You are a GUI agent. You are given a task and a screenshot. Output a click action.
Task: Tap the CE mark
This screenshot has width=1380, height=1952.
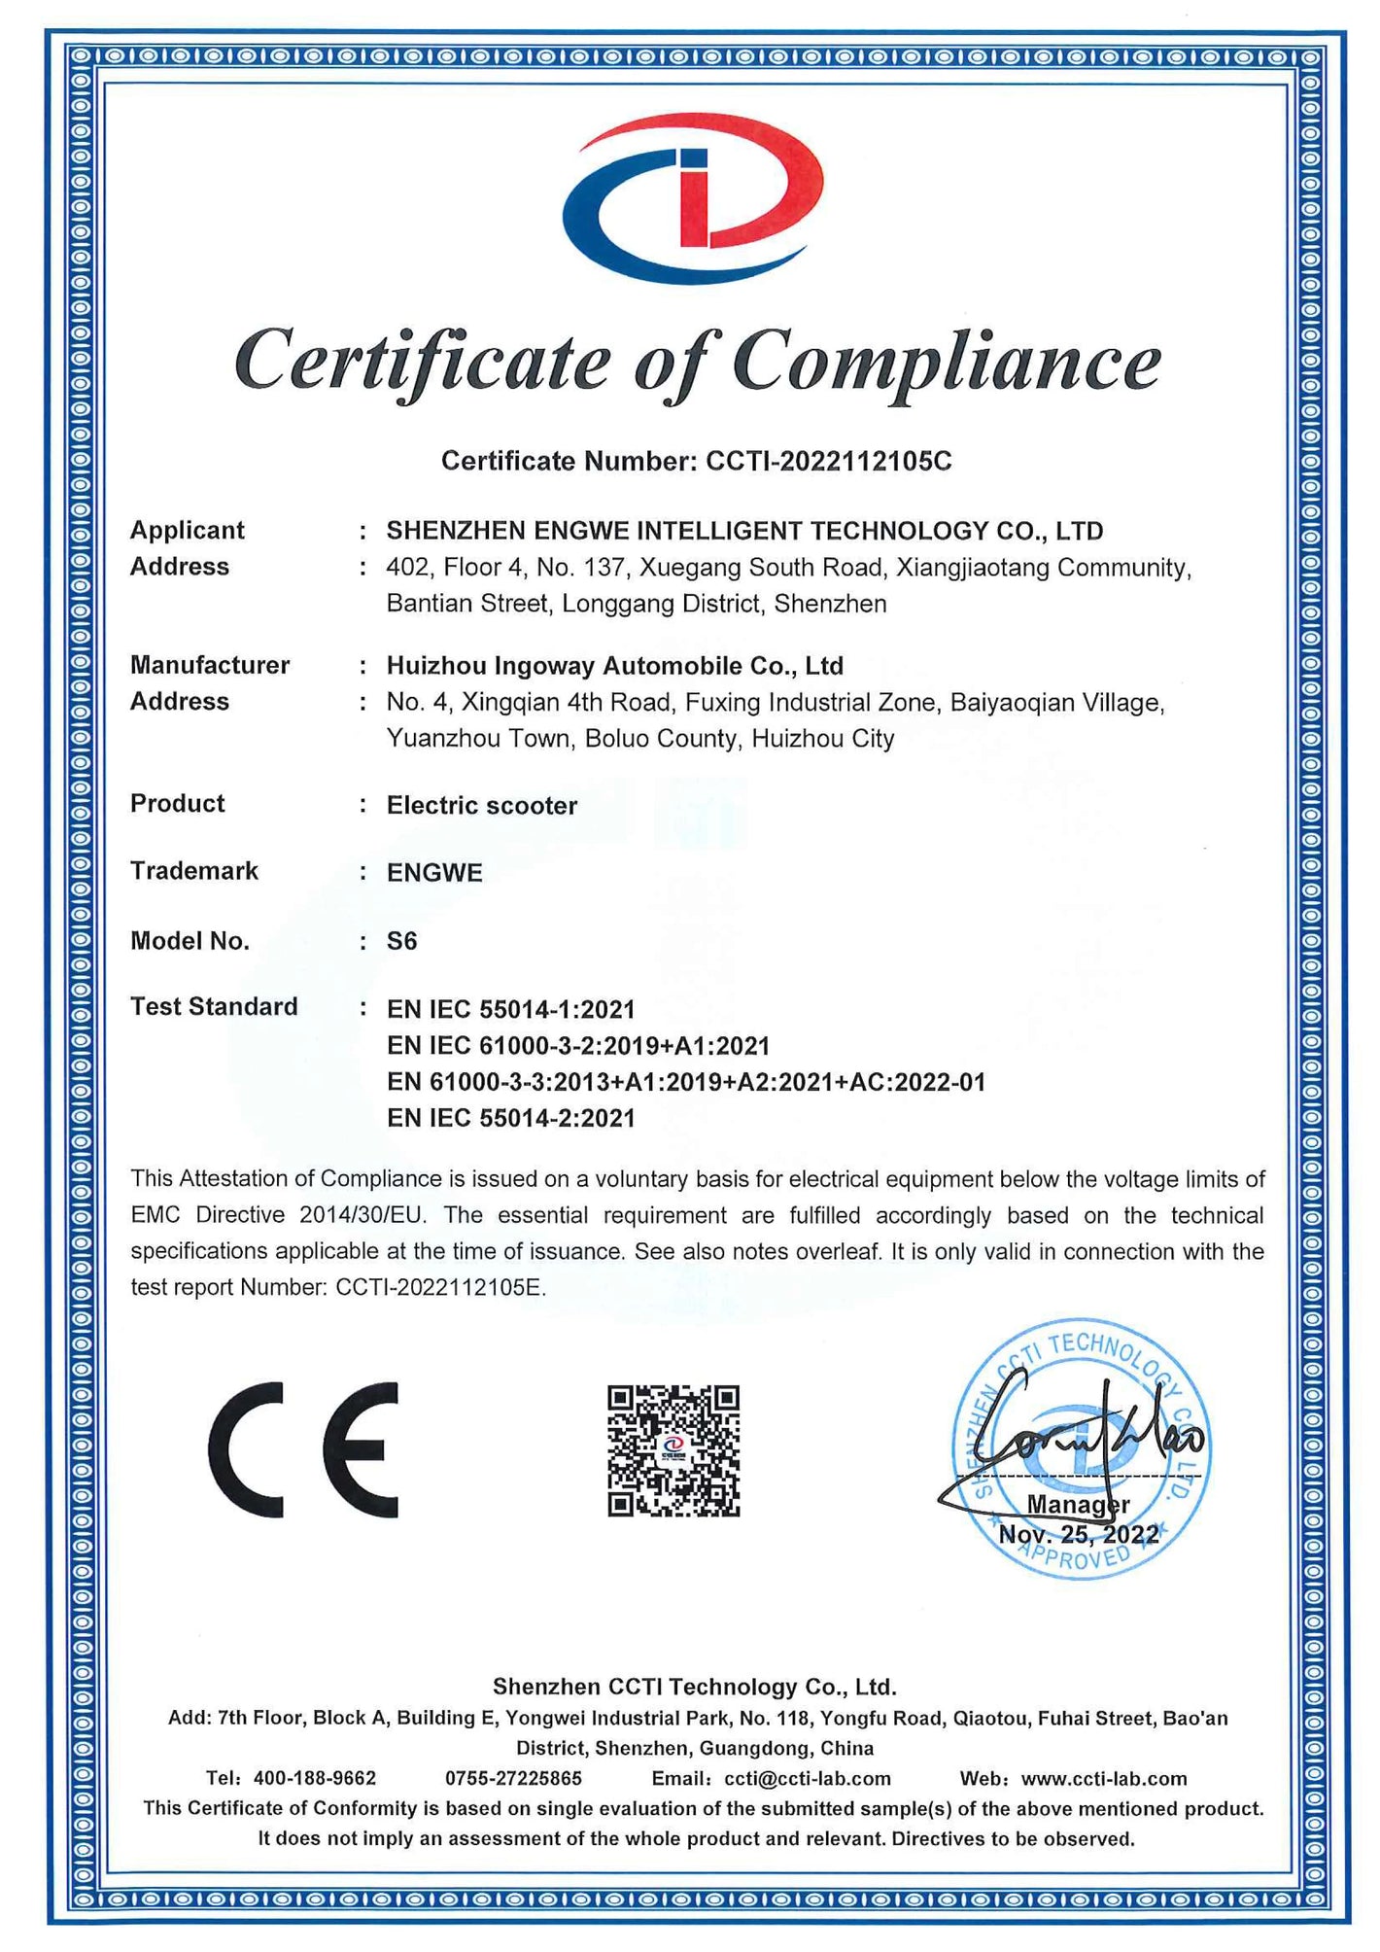pyautogui.click(x=303, y=1449)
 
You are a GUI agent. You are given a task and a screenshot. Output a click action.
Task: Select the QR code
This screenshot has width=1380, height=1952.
pyautogui.click(x=673, y=1450)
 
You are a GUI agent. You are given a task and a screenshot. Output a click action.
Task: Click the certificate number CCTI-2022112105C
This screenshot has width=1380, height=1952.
pyautogui.click(x=828, y=461)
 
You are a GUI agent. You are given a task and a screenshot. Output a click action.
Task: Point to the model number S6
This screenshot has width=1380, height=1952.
pyautogui.click(x=401, y=941)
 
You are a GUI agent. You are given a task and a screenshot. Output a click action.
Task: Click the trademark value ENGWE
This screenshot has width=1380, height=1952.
pyautogui.click(x=434, y=873)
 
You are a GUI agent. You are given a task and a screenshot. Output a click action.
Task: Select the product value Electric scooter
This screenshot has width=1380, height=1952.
pyautogui.click(x=481, y=805)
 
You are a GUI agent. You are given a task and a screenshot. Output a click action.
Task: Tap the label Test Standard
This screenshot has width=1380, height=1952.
pyautogui.click(x=214, y=1007)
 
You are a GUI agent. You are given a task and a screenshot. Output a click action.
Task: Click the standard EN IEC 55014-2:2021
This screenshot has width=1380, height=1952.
pyautogui.click(x=510, y=1118)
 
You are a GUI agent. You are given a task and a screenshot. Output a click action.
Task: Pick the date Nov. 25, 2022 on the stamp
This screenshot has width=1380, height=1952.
pyautogui.click(x=1079, y=1535)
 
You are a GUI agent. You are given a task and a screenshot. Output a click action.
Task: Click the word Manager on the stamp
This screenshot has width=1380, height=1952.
pyautogui.click(x=1078, y=1505)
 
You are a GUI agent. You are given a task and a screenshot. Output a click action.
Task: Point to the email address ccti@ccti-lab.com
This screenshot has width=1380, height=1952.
pyautogui.click(x=808, y=1779)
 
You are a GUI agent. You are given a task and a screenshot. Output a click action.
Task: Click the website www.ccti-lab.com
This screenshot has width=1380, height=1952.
pyautogui.click(x=1104, y=1779)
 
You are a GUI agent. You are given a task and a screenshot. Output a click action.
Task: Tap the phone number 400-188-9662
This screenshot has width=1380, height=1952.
pyautogui.click(x=314, y=1779)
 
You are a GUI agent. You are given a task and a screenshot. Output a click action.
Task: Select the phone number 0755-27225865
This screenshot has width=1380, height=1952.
pyautogui.click(x=513, y=1779)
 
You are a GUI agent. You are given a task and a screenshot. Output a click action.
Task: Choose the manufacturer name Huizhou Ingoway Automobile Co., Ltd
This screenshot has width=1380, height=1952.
pyautogui.click(x=614, y=666)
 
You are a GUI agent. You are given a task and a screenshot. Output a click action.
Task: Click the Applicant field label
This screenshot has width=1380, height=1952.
pyautogui.click(x=188, y=531)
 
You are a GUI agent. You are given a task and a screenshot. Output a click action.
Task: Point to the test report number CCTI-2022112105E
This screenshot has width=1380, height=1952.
pyautogui.click(x=439, y=1288)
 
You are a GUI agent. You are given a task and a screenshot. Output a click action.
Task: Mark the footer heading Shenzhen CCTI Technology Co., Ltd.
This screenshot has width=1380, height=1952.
pyautogui.click(x=694, y=1687)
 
